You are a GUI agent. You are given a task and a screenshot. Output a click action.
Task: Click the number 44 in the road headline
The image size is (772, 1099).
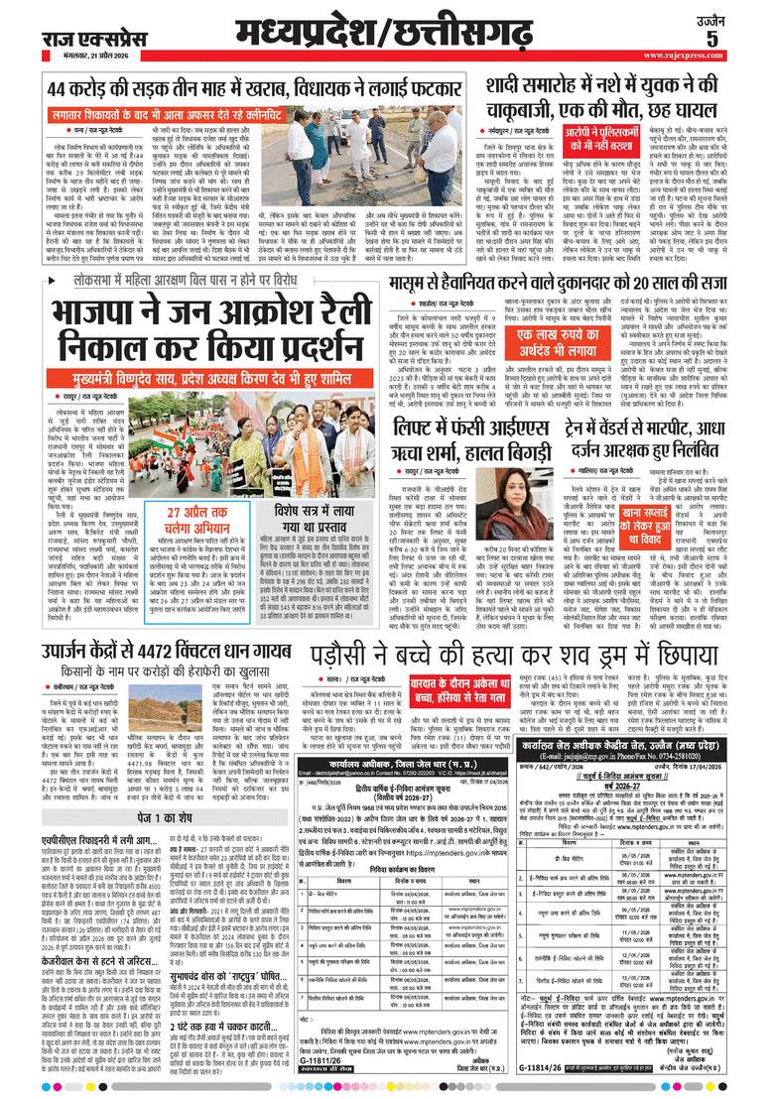coord(64,90)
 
